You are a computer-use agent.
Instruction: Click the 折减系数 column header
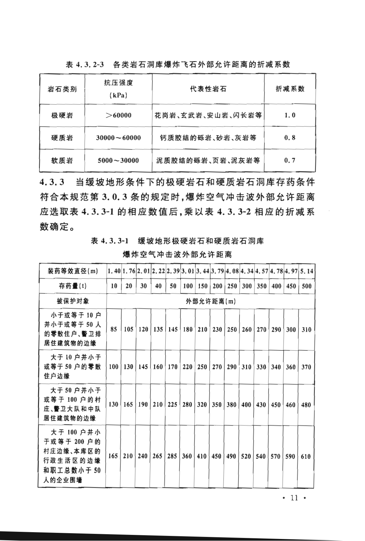290,89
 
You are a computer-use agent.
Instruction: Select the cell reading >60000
118,115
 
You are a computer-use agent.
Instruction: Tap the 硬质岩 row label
62,138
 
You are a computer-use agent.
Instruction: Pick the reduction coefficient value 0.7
290,160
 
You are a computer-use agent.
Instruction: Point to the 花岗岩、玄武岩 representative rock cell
208,115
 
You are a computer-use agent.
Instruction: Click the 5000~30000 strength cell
118,160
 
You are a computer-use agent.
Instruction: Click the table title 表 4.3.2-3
85,64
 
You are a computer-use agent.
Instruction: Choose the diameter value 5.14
306,271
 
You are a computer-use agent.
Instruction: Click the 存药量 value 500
306,286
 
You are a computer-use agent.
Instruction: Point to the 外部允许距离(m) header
211,301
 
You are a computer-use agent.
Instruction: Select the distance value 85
114,329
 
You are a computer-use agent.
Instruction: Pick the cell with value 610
306,456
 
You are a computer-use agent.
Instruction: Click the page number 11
294,498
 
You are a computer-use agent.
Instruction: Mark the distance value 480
306,404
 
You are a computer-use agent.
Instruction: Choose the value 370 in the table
306,367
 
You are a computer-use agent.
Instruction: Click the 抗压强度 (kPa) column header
118,89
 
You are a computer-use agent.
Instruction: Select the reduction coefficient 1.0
290,115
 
